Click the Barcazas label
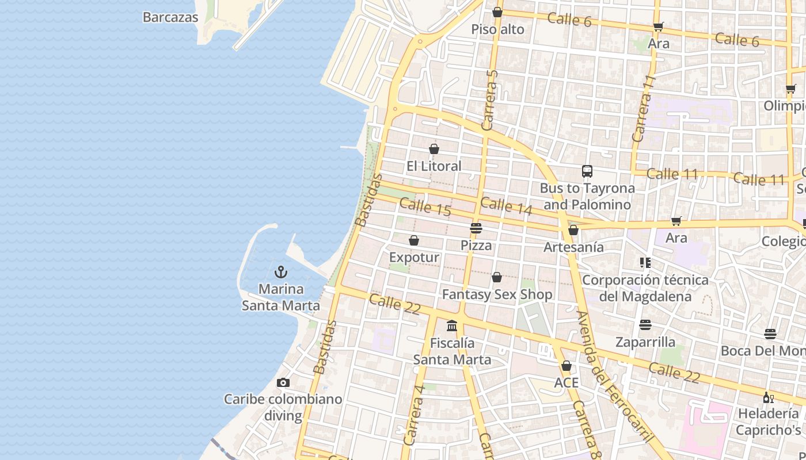(x=170, y=17)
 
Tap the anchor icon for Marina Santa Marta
(x=281, y=271)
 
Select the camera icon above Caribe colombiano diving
(x=283, y=382)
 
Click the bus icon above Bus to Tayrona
(x=587, y=171)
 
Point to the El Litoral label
(x=434, y=166)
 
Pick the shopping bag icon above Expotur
(x=414, y=240)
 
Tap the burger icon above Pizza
(x=476, y=228)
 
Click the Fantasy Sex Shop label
(x=497, y=294)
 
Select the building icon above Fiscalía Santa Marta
(x=452, y=326)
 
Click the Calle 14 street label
(x=506, y=206)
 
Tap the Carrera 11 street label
(x=644, y=108)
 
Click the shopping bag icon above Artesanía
(x=573, y=231)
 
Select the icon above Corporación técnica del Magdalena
(x=645, y=263)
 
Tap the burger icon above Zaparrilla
(x=645, y=325)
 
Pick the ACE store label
(x=566, y=383)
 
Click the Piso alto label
(x=497, y=29)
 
